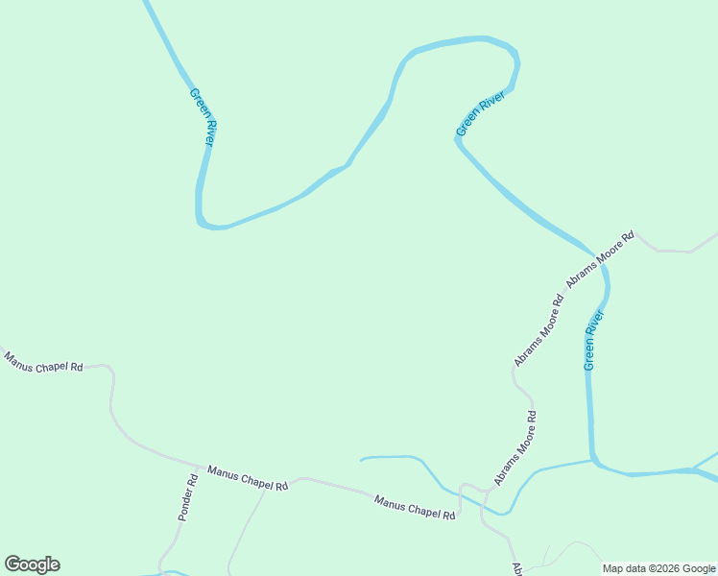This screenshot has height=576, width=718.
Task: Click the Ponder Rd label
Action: click(188, 496)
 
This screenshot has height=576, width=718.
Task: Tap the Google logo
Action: click(32, 564)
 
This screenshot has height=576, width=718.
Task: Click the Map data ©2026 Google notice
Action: click(658, 568)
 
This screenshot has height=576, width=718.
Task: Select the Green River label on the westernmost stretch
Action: click(203, 117)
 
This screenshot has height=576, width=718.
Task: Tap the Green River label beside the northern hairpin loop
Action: click(480, 112)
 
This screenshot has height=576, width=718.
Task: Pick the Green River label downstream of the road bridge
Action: click(594, 340)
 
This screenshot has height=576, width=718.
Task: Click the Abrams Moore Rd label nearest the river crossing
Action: click(601, 259)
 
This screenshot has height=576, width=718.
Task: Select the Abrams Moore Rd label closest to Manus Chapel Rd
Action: click(515, 447)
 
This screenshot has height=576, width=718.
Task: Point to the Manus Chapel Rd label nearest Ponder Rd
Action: click(248, 478)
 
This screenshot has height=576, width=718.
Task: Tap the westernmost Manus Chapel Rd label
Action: click(43, 362)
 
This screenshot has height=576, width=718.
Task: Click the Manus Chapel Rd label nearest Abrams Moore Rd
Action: click(415, 507)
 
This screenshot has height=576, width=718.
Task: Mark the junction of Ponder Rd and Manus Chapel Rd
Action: click(198, 467)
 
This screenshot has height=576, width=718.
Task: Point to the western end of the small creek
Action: click(362, 460)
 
